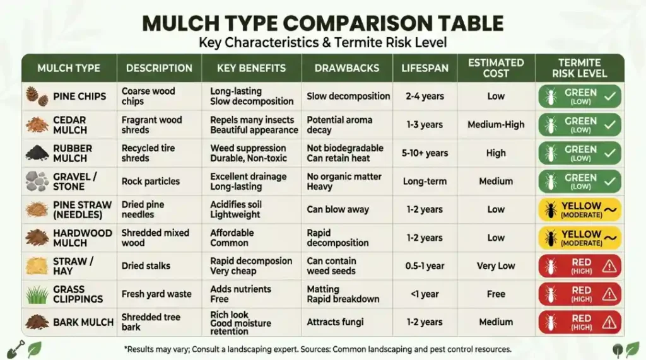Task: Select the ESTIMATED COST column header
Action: coord(496,67)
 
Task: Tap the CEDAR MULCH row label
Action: coord(70,125)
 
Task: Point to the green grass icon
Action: coord(37,294)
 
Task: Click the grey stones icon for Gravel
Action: coord(37,181)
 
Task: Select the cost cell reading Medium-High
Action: coord(496,125)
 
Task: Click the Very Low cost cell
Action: coord(496,266)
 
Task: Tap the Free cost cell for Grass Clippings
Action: coord(496,294)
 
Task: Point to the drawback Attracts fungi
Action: coord(335,322)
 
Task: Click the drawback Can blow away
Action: coord(338,209)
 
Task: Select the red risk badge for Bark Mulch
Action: coord(579,322)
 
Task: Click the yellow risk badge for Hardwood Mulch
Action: coord(579,238)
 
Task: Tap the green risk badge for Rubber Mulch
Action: coord(579,153)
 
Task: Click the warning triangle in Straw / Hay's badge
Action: coord(609,266)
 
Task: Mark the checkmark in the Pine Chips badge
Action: coord(609,96)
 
